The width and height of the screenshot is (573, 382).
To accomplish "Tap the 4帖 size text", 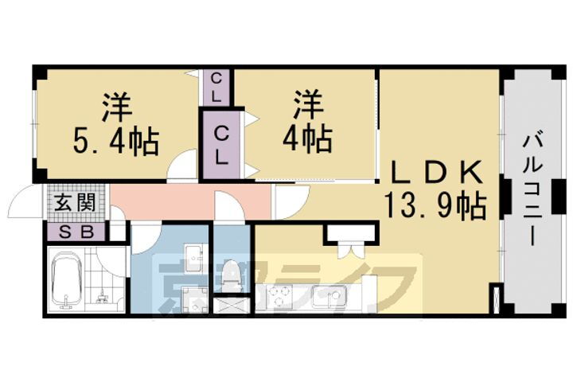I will (x=306, y=141).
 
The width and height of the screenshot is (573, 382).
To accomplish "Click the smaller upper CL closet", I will (x=216, y=87).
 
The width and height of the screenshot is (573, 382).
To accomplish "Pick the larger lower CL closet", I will (x=220, y=145).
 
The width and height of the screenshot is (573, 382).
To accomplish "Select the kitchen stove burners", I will (x=279, y=298).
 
